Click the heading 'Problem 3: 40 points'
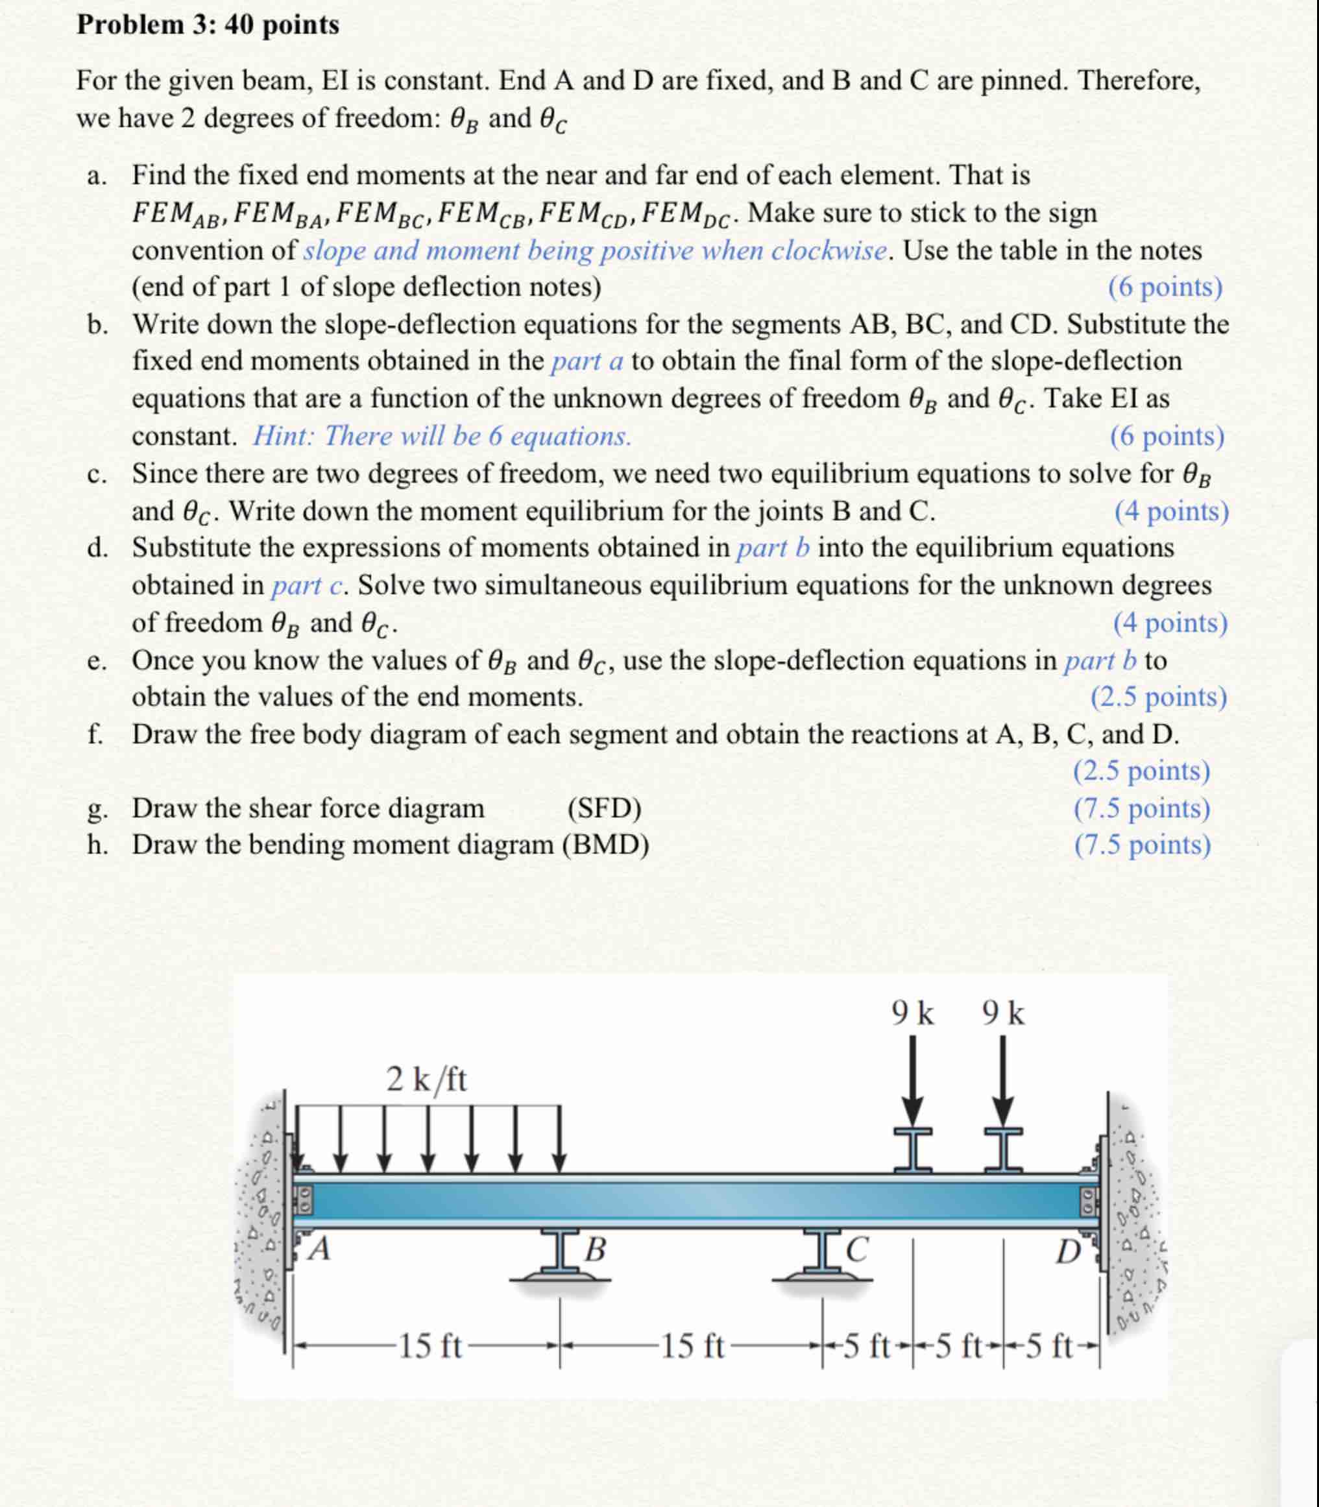(x=208, y=25)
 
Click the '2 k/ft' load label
(x=427, y=1079)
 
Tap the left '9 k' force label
(x=913, y=1014)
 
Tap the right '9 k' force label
(x=1003, y=1014)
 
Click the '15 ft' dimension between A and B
(x=430, y=1347)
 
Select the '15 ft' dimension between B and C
(x=692, y=1347)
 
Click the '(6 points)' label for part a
(x=1165, y=287)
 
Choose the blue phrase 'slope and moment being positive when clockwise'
(x=596, y=251)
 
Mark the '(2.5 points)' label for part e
(x=1159, y=696)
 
